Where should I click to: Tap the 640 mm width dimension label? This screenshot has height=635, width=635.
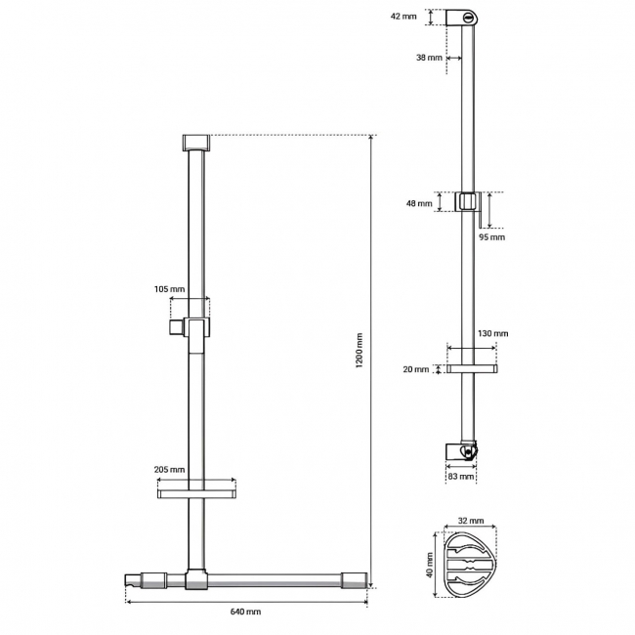pos(245,612)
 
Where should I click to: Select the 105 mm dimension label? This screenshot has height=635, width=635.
pos(169,289)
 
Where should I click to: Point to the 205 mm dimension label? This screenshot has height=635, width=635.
pos(169,470)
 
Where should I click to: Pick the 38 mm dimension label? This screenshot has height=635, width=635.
pos(428,58)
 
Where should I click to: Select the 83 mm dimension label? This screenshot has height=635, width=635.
pos(460,477)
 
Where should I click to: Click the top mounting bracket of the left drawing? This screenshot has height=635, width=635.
pos(196,142)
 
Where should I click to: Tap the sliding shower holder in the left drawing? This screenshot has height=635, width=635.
pos(195,327)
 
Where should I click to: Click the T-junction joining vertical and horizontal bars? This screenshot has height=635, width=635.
pos(196,581)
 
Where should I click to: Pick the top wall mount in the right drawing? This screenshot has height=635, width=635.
pos(465,18)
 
